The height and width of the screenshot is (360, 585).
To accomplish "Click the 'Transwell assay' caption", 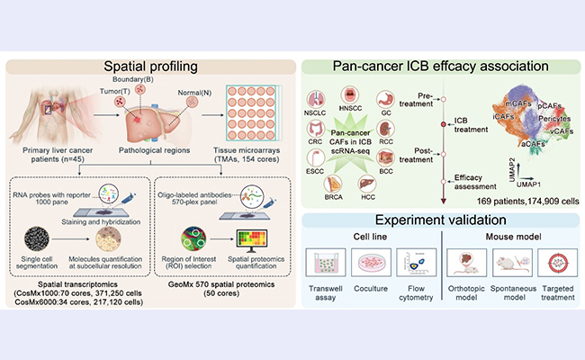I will point(336,298).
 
